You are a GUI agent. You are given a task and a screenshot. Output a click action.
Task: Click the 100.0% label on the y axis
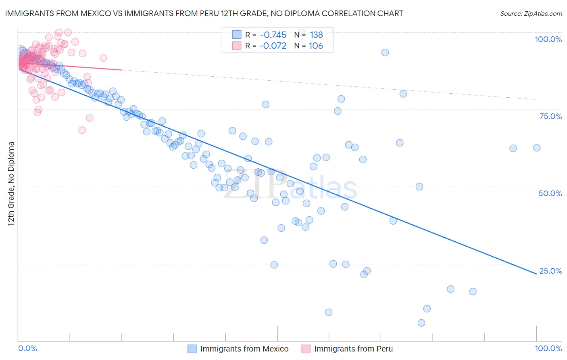[548, 39]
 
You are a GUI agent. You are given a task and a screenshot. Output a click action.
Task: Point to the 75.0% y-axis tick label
[550, 116]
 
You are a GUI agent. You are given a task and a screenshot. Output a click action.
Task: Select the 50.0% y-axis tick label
[550, 193]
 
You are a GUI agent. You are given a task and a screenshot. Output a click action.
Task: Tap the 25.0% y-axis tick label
[550, 271]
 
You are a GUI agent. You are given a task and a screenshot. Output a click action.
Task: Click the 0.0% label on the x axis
[27, 348]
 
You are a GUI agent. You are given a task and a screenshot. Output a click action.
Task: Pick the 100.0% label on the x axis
[548, 348]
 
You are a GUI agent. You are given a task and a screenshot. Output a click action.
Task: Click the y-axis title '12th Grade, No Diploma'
[11, 184]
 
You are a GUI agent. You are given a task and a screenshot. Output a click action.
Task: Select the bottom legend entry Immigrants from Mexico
[244, 349]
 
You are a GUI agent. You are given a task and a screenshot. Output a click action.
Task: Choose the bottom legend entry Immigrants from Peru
[353, 349]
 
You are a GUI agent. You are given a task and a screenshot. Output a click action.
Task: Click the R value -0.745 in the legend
[273, 35]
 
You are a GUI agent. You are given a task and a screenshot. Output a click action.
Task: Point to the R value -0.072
[273, 46]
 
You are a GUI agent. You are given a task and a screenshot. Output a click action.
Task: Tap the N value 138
[316, 35]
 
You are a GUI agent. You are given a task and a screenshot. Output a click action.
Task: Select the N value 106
[316, 46]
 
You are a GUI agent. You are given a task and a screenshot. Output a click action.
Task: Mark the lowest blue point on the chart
[421, 323]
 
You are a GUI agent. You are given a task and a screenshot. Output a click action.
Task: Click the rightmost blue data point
[537, 148]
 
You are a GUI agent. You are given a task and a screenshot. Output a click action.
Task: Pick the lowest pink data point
[82, 130]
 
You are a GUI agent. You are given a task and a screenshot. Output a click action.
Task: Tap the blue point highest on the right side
[385, 52]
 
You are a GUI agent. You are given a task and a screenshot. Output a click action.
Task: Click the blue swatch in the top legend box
[237, 35]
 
